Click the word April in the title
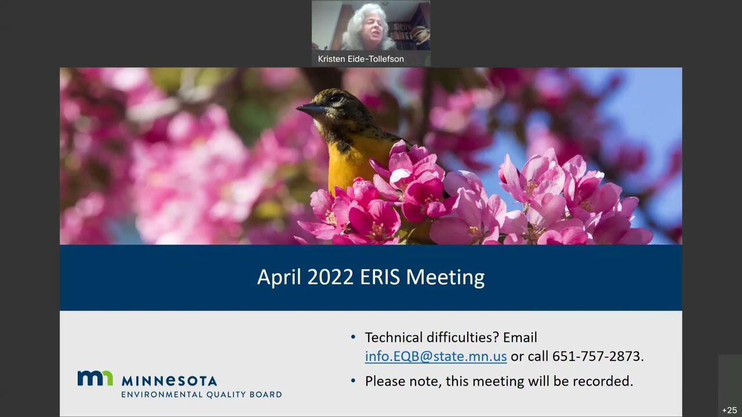point(279,277)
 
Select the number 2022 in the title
point(330,277)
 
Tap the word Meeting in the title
point(445,277)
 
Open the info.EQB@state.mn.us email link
point(436,356)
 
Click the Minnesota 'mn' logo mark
point(95,378)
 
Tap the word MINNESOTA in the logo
point(169,381)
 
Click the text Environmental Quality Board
point(201,394)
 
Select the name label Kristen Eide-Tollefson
point(361,59)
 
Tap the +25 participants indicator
point(729,410)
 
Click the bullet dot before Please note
point(354,381)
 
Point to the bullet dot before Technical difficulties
point(354,337)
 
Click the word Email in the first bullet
point(520,337)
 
